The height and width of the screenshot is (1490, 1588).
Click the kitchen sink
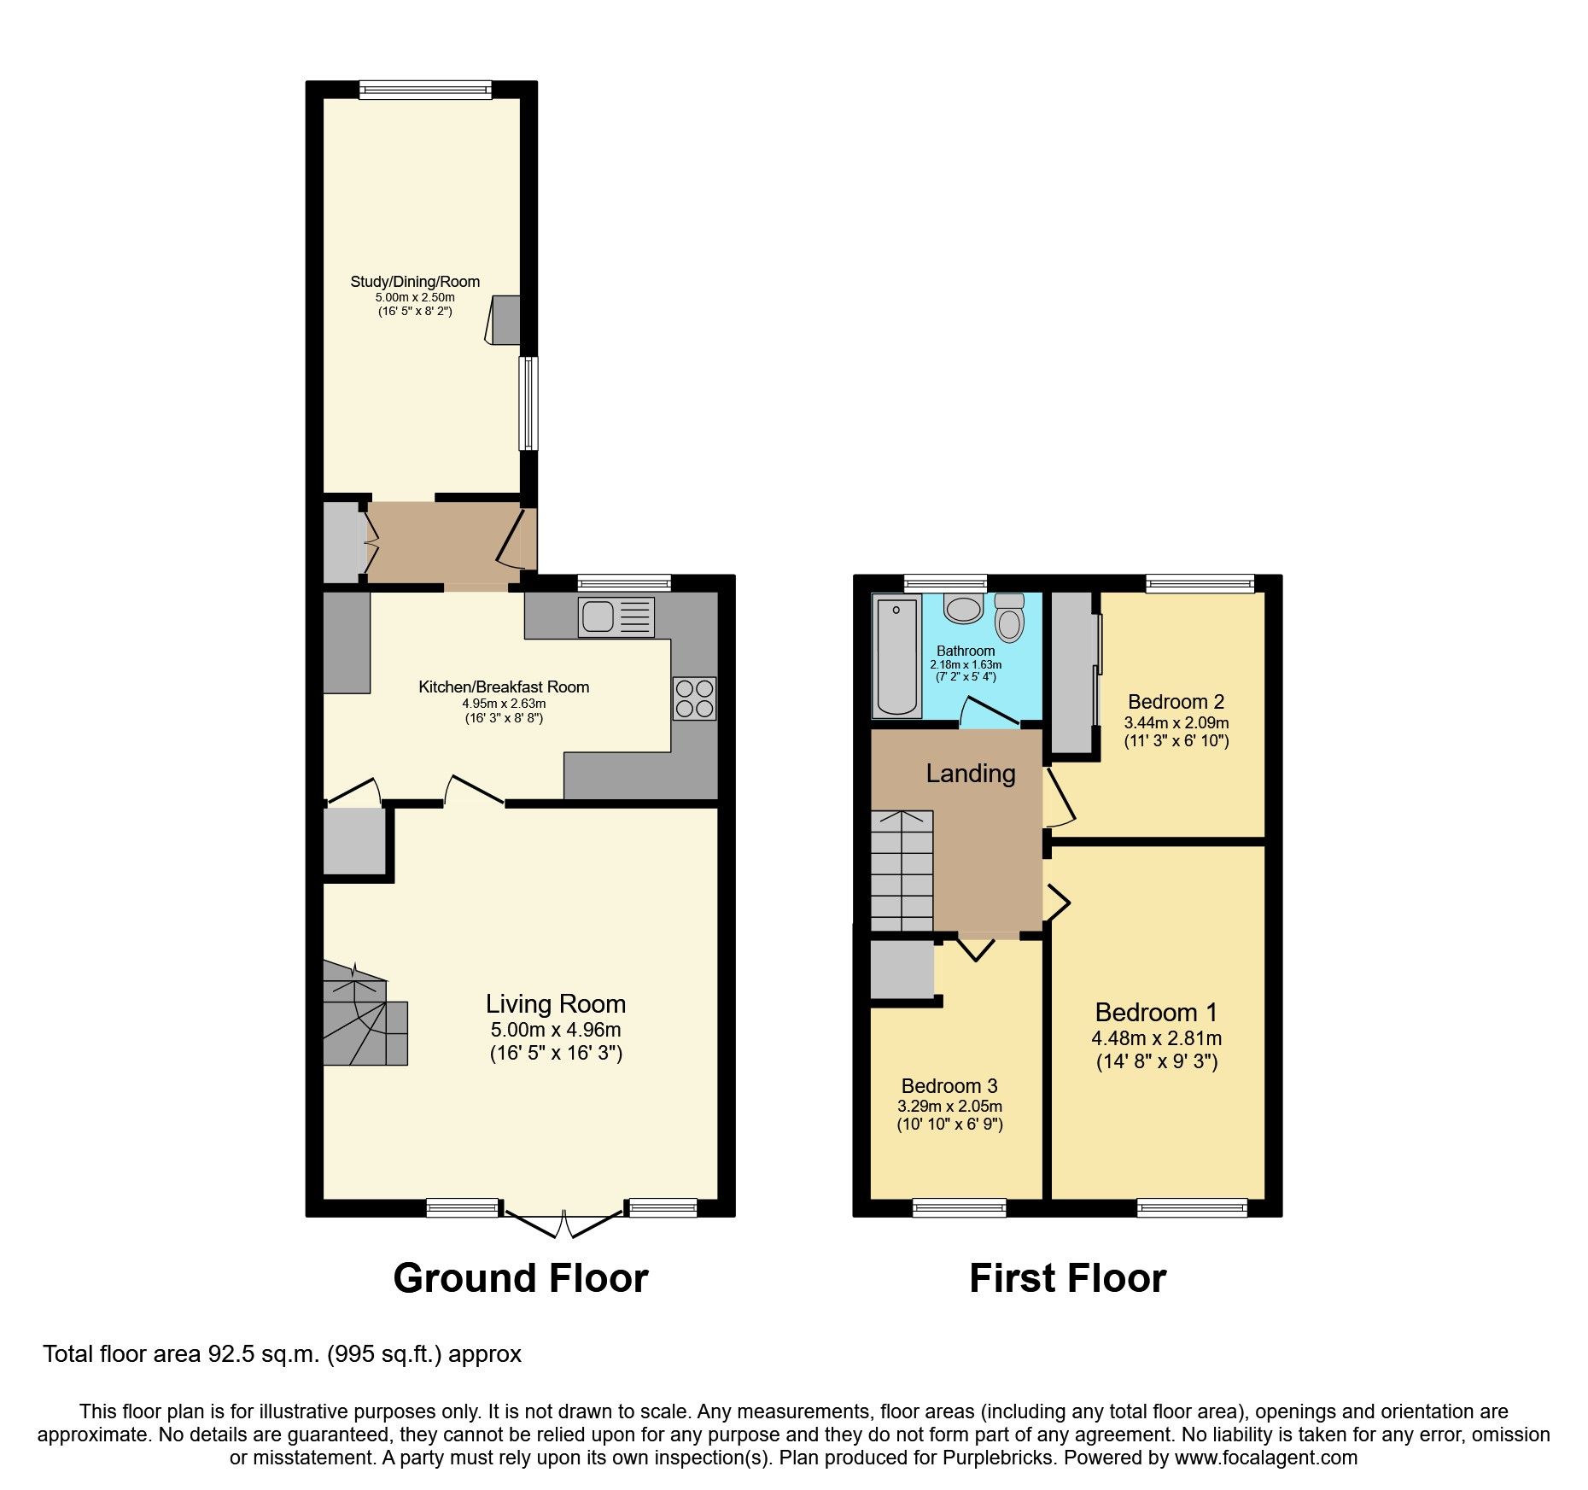point(616,616)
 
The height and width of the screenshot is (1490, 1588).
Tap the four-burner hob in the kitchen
point(693,698)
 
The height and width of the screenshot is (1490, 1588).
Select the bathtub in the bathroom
point(896,656)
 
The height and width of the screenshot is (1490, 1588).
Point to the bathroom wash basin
point(963,610)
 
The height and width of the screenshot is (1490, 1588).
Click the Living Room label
point(556,1004)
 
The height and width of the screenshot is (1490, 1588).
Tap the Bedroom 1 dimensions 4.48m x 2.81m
point(1156,1039)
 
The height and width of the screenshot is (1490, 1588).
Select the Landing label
point(971,774)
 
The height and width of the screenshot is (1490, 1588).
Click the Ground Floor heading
point(520,1278)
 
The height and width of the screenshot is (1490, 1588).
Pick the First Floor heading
point(1067,1278)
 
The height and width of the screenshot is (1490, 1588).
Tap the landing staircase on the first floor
point(902,871)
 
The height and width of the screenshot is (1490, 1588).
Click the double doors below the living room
point(563,1224)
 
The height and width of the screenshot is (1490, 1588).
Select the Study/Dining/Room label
point(415,282)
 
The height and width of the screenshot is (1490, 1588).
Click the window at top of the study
point(425,90)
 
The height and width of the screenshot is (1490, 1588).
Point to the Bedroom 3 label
point(949,1086)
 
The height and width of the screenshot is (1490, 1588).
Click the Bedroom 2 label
point(1176,702)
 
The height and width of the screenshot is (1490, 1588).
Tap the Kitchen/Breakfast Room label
point(504,687)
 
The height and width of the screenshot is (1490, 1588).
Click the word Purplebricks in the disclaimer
point(998,1458)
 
